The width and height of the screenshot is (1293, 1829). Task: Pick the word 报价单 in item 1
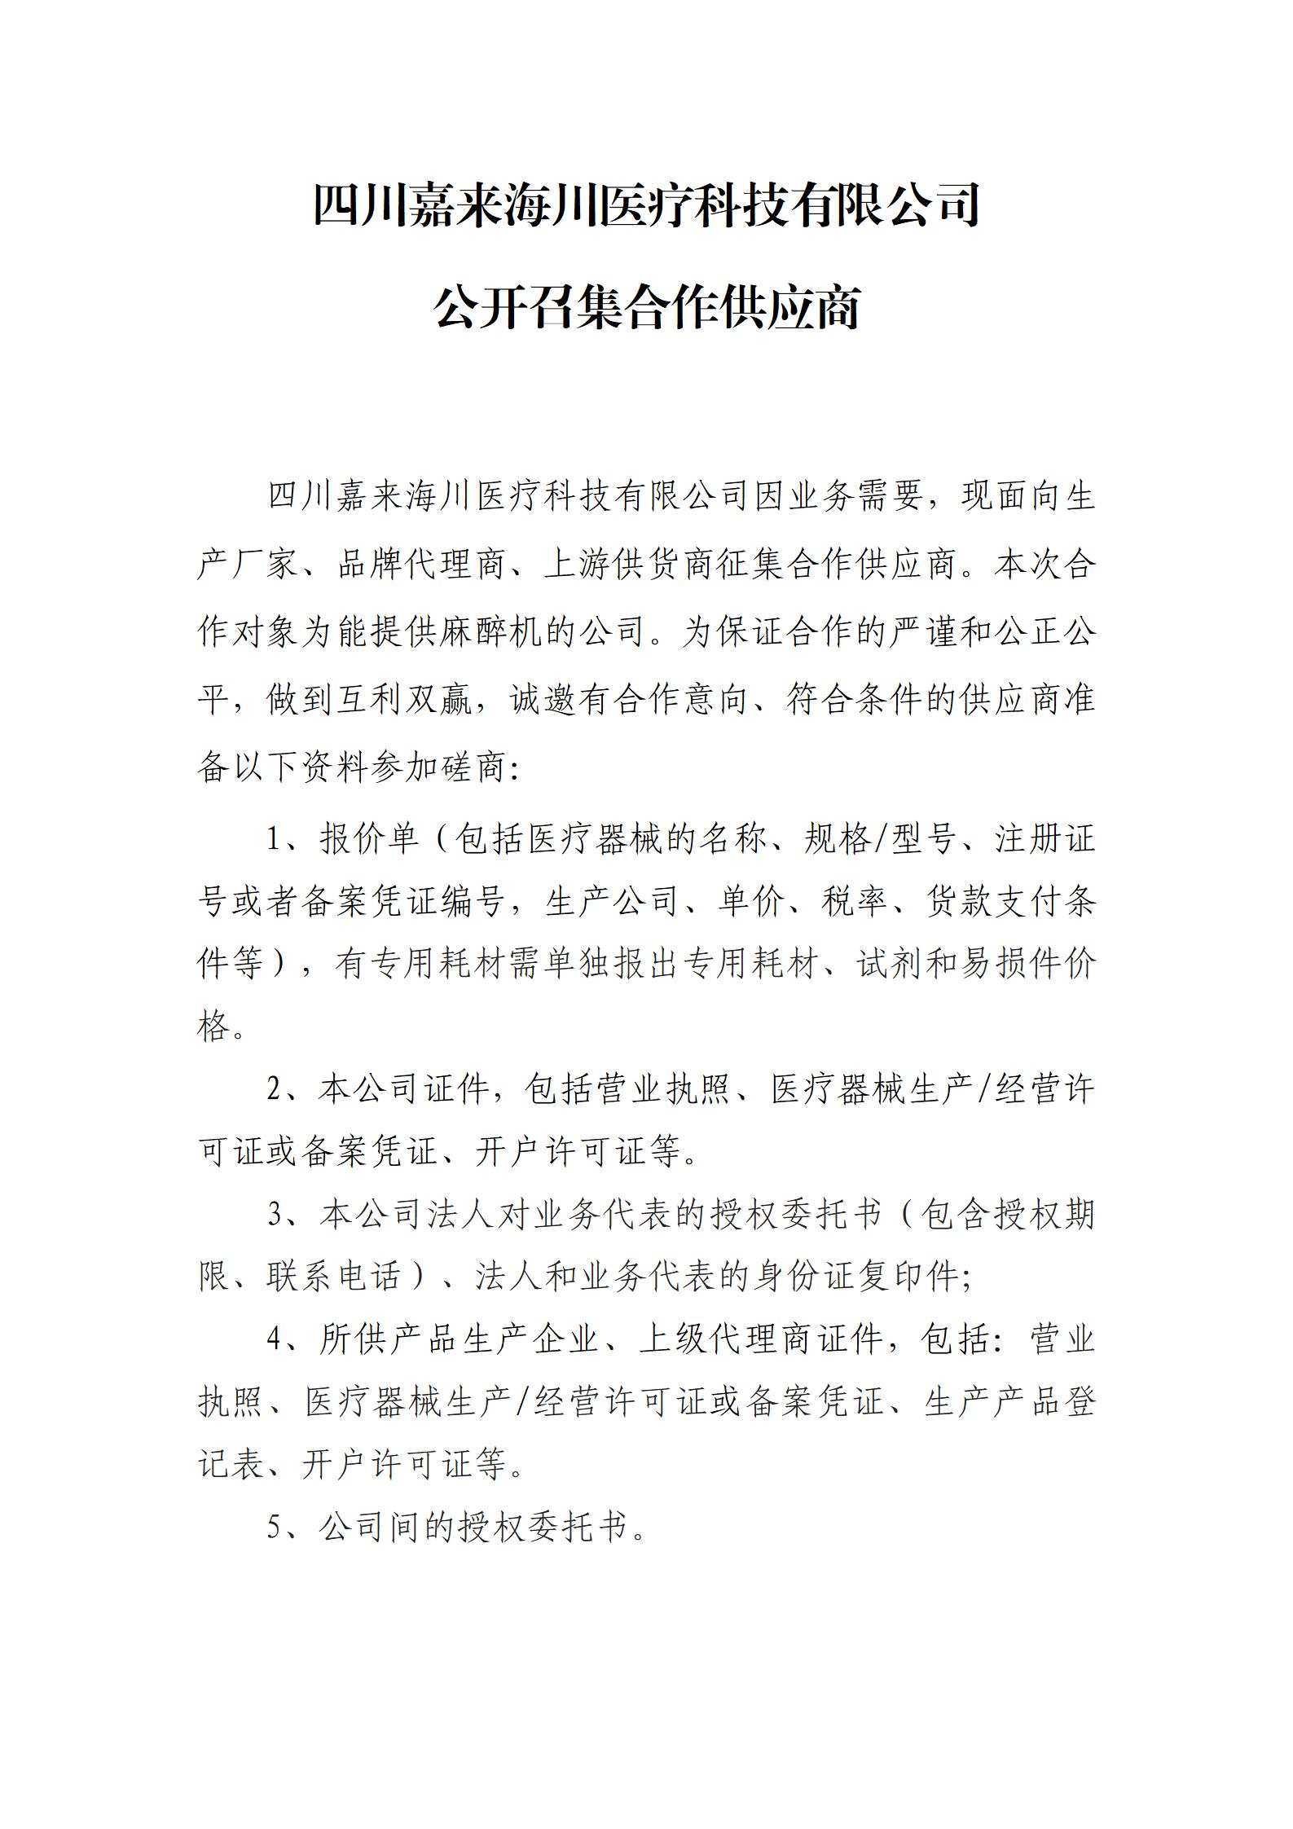[x=370, y=838]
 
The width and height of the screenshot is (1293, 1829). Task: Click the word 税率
[x=855, y=901]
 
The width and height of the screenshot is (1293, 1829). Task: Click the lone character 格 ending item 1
[x=213, y=1026]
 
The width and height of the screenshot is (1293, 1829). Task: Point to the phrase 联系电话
[x=334, y=1277]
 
